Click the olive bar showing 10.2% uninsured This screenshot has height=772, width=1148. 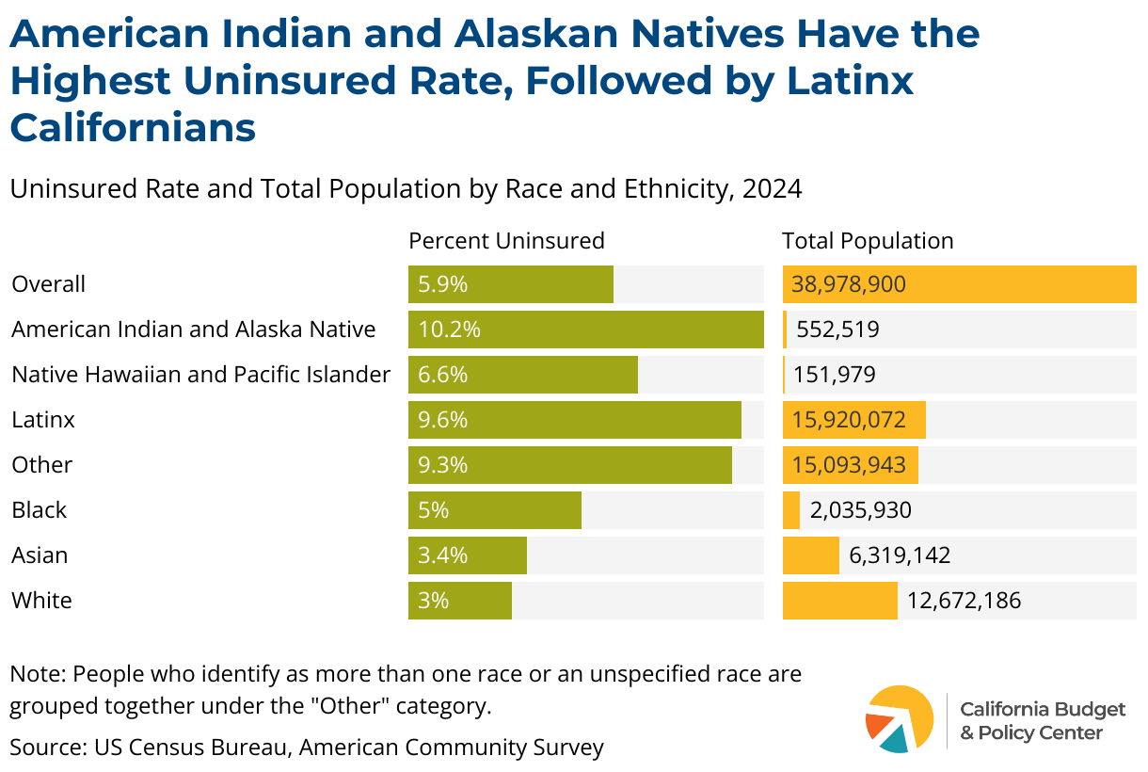tap(585, 330)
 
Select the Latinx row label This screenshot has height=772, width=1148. tap(43, 420)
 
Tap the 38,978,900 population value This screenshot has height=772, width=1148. tap(849, 284)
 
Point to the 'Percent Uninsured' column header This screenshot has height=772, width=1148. tap(506, 241)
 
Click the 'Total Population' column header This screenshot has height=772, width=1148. tap(868, 241)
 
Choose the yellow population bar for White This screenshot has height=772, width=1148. tap(839, 601)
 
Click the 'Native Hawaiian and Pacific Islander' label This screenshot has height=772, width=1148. tap(200, 375)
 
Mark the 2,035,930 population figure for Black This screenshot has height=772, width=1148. tap(860, 510)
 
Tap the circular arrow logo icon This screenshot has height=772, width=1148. tap(899, 719)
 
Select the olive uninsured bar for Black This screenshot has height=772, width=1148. tap(494, 510)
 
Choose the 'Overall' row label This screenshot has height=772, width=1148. tap(48, 284)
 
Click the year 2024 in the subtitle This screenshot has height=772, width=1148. tap(772, 189)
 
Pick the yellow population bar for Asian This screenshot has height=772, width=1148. tap(810, 555)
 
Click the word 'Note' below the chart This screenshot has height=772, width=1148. tap(36, 674)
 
